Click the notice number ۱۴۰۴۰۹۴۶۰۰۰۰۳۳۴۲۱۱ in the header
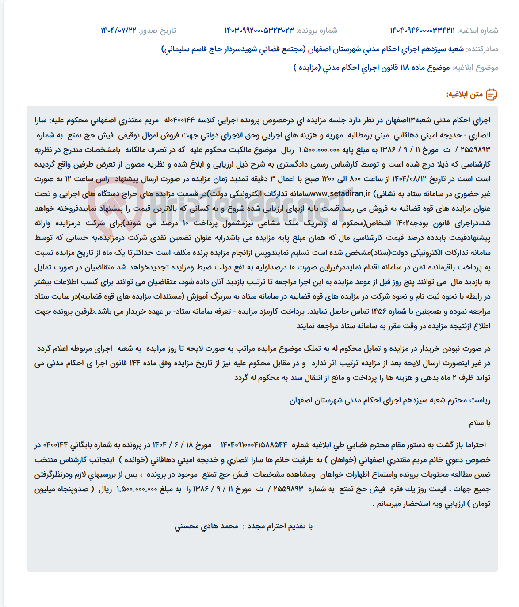point(422,30)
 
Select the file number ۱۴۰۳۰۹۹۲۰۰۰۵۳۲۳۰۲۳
point(259,30)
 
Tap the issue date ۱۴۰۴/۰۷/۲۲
point(118,30)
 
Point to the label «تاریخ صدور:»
point(157,30)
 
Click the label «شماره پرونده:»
point(317,30)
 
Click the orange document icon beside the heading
point(492,95)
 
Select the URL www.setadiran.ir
point(340,193)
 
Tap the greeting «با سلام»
point(480,423)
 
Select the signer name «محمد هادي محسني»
point(206,526)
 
